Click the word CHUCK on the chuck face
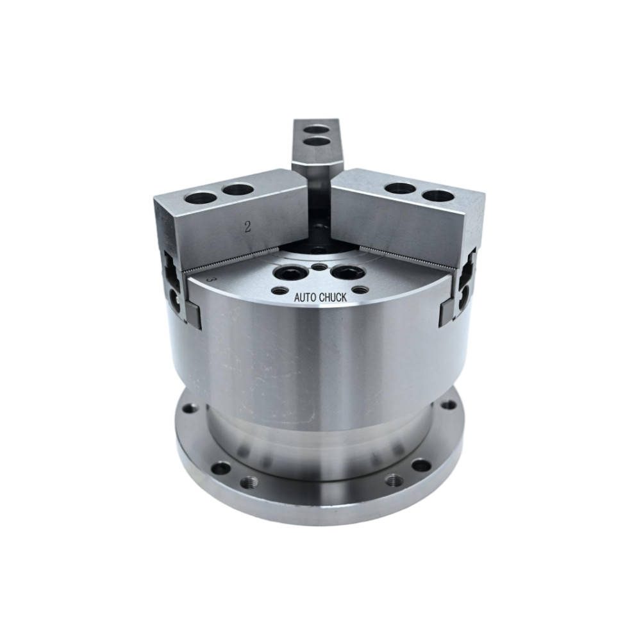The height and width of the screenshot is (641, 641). click(x=332, y=297)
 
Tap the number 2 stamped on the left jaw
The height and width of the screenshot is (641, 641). click(x=247, y=227)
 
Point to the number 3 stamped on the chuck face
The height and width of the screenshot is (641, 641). click(x=212, y=280)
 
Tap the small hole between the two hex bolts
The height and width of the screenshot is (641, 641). click(x=318, y=267)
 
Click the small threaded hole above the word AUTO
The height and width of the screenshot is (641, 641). click(x=279, y=291)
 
